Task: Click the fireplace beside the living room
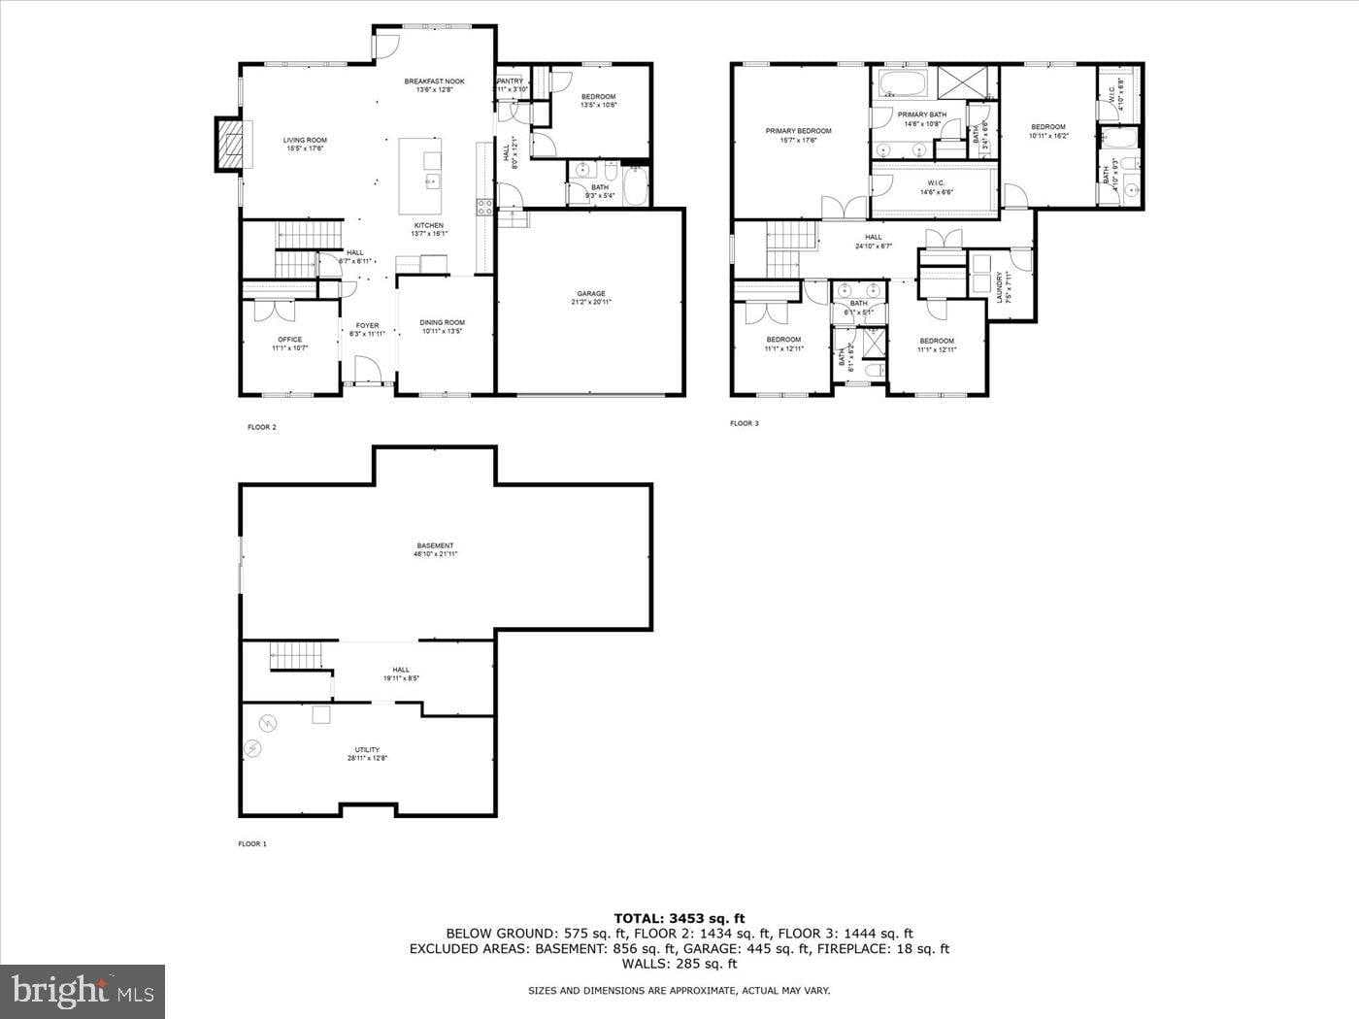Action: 227,145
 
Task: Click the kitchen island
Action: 419,175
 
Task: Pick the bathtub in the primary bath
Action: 903,83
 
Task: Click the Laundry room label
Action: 1000,287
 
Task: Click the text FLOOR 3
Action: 744,423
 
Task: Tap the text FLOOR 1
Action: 252,844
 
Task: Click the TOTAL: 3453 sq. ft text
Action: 679,917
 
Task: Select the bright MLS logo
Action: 82,991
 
